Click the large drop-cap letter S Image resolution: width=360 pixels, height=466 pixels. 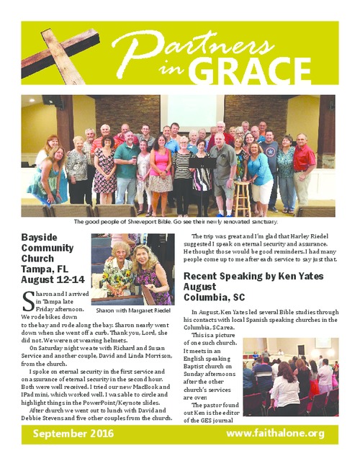tap(27, 297)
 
